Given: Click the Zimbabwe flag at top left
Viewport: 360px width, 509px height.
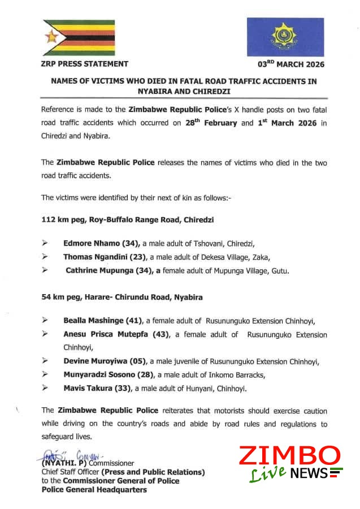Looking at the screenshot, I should [x=79, y=38].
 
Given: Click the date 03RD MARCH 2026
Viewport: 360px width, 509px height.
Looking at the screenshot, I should [x=290, y=64].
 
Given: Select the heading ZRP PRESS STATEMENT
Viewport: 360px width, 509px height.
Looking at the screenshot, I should [x=84, y=64].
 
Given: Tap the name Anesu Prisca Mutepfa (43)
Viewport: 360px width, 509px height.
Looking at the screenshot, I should [x=116, y=334].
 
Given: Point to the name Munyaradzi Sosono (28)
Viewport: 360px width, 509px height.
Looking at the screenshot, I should [x=107, y=374].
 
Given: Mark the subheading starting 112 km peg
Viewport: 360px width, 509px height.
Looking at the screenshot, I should [x=127, y=218].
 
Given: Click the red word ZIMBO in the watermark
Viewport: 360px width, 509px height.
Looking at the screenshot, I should [x=289, y=456].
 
